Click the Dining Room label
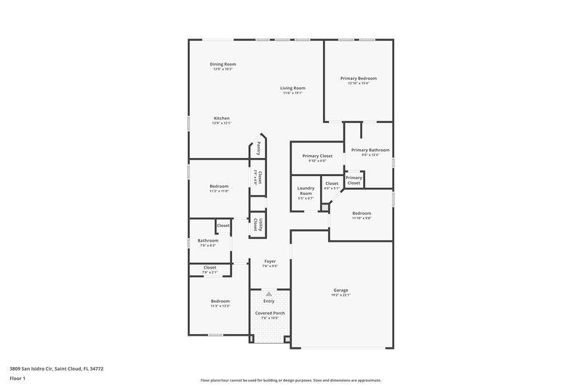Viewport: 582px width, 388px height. coord(223,64)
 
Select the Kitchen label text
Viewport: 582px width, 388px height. coord(221,118)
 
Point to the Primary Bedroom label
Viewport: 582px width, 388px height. coord(358,78)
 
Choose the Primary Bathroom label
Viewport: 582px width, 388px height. coord(370,150)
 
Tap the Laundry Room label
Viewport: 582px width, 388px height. coord(306,191)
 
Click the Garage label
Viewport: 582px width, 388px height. coord(340,289)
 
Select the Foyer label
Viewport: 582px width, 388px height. coord(269,261)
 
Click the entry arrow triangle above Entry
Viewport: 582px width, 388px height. coord(269,293)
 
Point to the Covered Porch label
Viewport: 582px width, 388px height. coord(269,313)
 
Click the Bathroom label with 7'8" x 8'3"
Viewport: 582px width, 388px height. coord(208,240)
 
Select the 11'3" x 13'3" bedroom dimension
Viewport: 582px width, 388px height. coord(220,306)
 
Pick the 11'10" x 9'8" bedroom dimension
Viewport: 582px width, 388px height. coord(362,218)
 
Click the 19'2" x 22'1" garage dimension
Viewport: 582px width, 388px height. coord(340,295)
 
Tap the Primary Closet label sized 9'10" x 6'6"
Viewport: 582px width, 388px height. coord(317,156)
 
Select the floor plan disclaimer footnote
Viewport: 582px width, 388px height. coord(291,380)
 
